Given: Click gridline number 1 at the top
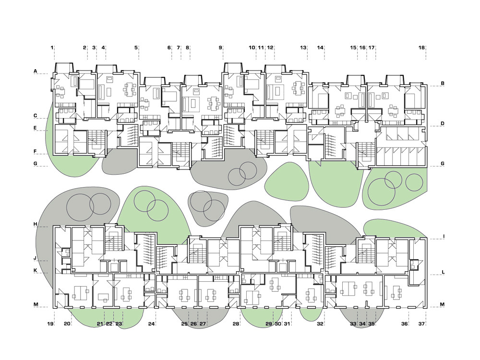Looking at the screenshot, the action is coord(52,48).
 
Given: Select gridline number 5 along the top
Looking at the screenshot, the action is coord(136,48).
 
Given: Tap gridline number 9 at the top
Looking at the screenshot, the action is coord(220,48).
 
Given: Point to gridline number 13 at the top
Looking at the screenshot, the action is coord(303,48).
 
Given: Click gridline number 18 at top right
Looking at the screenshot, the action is coord(421,48).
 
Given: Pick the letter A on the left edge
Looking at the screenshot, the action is coord(36,72).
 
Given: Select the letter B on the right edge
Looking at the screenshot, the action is coord(443,83).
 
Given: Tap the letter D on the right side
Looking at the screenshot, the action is coord(443,124).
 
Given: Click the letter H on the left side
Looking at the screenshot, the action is coord(36,224).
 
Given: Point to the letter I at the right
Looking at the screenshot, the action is coord(443,237).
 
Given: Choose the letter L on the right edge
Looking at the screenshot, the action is coord(443,272).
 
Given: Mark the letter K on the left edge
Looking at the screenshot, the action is coord(36,271).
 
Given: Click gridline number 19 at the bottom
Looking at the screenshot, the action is coord(50,324).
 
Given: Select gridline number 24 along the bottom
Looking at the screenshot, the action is coord(151,324).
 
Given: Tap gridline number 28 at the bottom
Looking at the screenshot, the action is coord(236,324).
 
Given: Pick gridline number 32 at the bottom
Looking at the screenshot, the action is coord(320,324).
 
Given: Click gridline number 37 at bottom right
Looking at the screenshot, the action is coord(421,324).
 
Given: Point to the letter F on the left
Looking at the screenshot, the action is coord(36,152).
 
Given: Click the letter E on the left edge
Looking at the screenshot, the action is coord(36,128).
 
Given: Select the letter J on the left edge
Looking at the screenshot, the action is coord(36,258).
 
